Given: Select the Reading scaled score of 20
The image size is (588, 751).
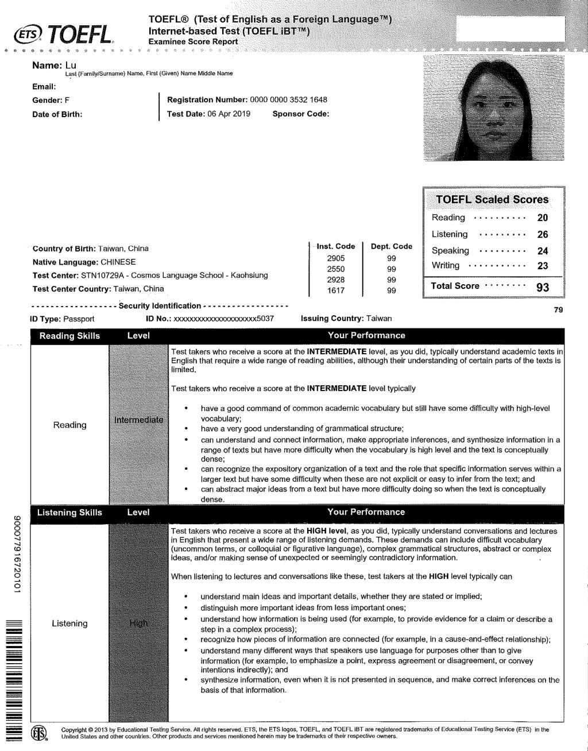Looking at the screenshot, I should tap(542, 218).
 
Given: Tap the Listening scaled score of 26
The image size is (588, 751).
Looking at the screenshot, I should tap(542, 234).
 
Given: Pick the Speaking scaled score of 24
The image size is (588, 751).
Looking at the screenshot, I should tap(542, 251).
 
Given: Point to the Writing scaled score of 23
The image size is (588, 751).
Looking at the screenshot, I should tap(542, 266).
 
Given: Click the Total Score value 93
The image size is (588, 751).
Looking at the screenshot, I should tap(542, 287).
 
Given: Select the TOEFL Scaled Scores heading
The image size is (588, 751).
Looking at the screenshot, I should tap(492, 200).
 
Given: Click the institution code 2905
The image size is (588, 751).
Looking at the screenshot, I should tap(335, 258).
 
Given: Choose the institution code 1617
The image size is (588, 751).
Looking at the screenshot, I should tap(335, 291).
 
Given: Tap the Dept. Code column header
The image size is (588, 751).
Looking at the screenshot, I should tap(391, 246).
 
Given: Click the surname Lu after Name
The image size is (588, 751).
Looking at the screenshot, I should tap(70, 65).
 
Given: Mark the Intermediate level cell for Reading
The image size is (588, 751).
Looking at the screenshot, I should tap(138, 420).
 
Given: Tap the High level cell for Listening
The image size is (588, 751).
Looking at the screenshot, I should tap(138, 623).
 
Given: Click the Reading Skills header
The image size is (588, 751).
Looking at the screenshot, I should tap(69, 336).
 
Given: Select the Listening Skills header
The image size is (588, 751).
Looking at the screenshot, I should tap(69, 512).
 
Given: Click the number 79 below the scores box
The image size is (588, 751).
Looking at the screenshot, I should tap(558, 310).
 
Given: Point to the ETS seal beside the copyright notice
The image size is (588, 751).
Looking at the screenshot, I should tap(38, 733).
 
